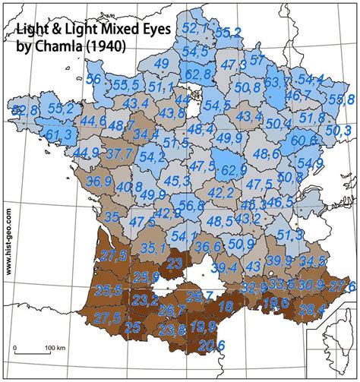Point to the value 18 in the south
[226, 307]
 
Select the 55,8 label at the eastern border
[340, 99]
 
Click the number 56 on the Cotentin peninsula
[94, 79]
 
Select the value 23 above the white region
[175, 264]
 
